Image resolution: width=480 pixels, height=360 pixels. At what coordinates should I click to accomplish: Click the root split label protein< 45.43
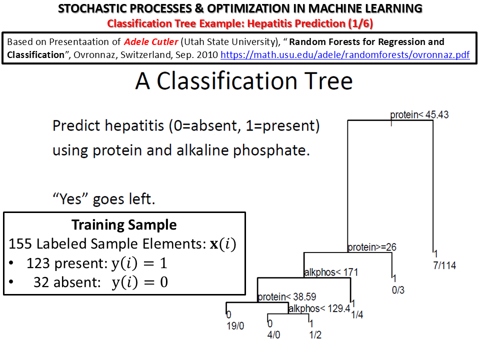[419, 115]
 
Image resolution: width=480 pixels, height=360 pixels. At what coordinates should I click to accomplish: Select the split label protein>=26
[372, 247]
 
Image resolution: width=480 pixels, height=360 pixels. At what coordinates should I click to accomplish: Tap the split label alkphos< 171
[331, 272]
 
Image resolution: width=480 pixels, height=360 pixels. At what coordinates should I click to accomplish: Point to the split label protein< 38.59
[287, 296]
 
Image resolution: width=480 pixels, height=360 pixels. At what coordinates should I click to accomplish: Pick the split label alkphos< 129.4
[319, 308]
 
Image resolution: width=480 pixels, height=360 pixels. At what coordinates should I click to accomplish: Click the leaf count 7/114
[444, 265]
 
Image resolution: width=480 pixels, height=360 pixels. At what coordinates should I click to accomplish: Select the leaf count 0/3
[398, 290]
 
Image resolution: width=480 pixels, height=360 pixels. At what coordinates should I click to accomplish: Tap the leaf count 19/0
[235, 326]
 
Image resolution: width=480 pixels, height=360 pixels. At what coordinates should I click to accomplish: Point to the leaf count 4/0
[273, 334]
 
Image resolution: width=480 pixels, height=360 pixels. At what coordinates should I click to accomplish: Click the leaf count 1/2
[315, 334]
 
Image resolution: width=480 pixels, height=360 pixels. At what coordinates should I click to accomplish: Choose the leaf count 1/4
[357, 314]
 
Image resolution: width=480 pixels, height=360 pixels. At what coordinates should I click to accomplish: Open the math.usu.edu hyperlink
[345, 55]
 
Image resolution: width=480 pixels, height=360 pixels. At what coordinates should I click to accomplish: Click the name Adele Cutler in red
[151, 41]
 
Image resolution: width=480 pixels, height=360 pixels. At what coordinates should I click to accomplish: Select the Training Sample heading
[124, 224]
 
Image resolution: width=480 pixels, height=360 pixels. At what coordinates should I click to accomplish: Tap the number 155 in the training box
[20, 244]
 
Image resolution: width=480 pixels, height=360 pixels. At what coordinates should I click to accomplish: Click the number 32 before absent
[41, 282]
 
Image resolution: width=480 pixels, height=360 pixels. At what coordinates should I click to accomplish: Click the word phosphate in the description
[271, 150]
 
